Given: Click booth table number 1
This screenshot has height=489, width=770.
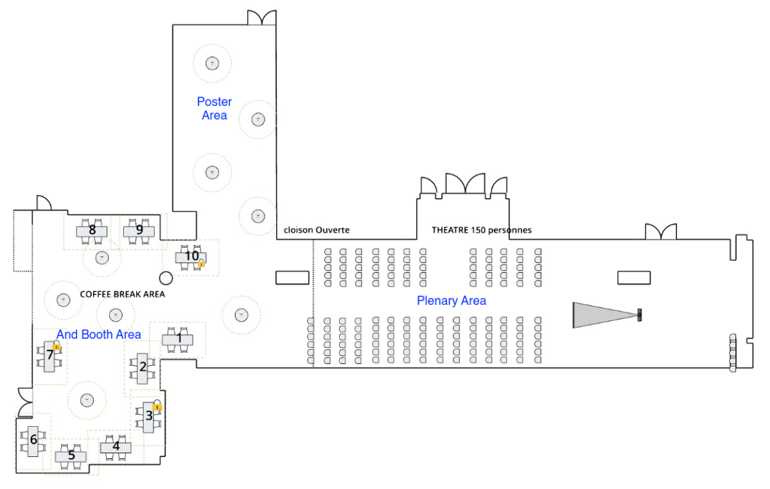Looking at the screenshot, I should [x=177, y=338].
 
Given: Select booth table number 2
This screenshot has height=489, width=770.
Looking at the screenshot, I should [x=143, y=366].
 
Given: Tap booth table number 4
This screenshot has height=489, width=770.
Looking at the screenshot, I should [x=116, y=446].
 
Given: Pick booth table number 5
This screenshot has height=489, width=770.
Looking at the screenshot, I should [x=71, y=456].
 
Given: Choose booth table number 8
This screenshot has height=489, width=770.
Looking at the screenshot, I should [x=92, y=230].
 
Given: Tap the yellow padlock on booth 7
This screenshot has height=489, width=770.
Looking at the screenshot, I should [x=57, y=346].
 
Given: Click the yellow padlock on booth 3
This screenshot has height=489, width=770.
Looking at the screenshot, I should [x=157, y=406].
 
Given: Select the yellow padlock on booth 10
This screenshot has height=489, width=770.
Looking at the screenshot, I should [x=201, y=263].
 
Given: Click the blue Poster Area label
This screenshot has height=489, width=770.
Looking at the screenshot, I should [x=214, y=108].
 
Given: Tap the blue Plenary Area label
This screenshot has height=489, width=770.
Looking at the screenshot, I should [x=451, y=300].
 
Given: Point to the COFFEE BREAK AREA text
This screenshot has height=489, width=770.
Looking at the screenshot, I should [x=122, y=294].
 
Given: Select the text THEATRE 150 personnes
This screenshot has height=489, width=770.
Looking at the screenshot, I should [x=482, y=230].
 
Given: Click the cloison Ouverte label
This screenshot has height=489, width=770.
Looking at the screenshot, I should [x=317, y=230].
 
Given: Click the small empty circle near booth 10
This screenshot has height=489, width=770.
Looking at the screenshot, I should [x=166, y=278].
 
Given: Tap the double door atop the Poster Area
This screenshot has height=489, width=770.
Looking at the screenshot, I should [x=261, y=17].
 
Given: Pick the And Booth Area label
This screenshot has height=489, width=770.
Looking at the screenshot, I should [x=99, y=334].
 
